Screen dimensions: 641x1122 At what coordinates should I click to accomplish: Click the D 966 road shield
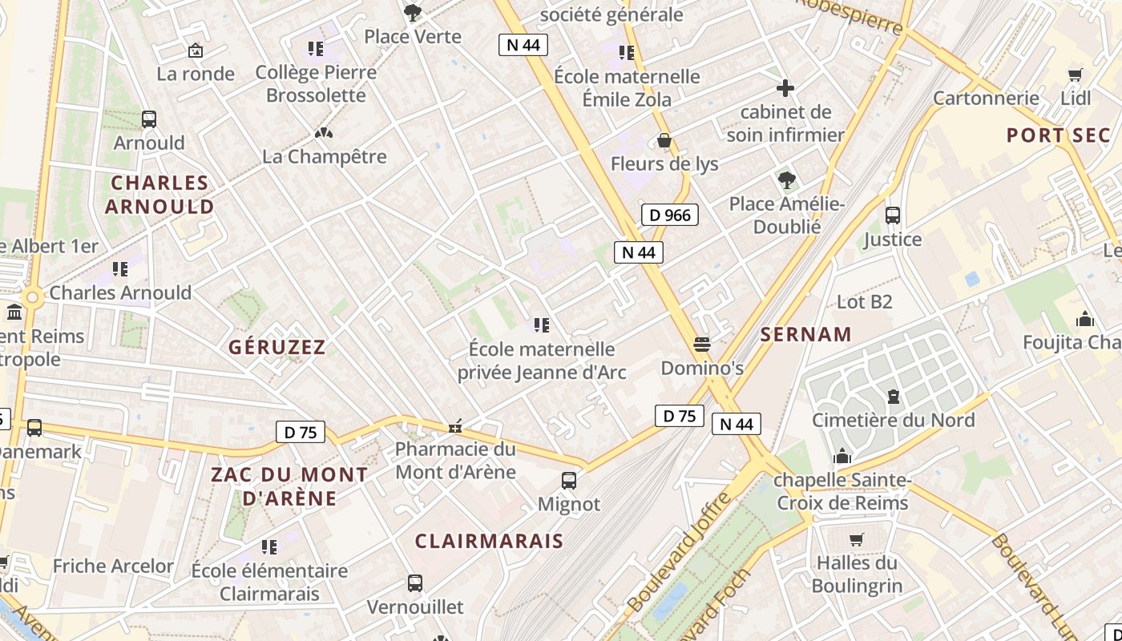click(670, 215)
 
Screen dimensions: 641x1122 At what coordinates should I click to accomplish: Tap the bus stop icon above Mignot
click(569, 481)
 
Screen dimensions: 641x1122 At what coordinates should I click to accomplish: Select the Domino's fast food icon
click(702, 345)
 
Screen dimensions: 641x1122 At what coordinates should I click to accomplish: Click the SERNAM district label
click(805, 335)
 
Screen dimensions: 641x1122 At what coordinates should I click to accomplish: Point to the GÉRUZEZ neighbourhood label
click(277, 347)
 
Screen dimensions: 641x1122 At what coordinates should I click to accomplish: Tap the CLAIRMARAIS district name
click(489, 541)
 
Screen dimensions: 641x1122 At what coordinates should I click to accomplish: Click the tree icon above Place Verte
click(413, 12)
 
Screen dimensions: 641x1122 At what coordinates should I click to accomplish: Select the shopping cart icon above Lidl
click(1076, 75)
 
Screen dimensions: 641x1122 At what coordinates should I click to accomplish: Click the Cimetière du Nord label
click(894, 420)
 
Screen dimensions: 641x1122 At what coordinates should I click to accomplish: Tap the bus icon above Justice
click(893, 215)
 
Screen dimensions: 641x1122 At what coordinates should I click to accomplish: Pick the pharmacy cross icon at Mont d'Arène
click(456, 426)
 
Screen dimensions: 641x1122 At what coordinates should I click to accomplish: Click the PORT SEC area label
click(1059, 135)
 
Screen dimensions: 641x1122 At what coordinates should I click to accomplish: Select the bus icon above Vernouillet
click(415, 583)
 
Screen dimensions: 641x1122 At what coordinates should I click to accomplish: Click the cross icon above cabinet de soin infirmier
click(785, 87)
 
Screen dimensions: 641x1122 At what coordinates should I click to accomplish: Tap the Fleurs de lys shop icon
click(664, 141)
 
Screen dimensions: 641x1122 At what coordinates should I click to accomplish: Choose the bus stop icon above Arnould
click(149, 119)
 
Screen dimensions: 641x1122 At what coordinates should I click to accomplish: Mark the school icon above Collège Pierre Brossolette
click(316, 49)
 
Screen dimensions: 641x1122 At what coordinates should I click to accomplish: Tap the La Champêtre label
click(325, 156)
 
